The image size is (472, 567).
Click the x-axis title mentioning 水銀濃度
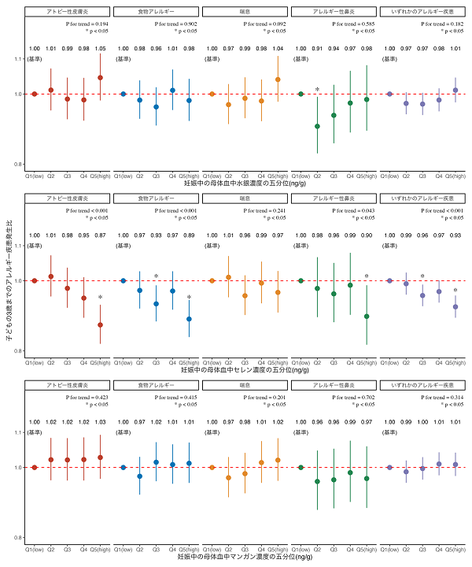coord(245,183)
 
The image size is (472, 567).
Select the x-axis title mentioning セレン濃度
coord(245,369)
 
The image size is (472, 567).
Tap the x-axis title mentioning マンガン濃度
coord(245,556)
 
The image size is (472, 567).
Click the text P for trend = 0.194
coord(87,25)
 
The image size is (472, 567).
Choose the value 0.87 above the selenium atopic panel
coord(100,235)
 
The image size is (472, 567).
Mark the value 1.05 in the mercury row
coord(100,49)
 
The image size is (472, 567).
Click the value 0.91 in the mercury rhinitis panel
coord(318,49)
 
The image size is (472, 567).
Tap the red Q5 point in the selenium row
coord(100,324)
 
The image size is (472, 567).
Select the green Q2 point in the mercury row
coord(318,126)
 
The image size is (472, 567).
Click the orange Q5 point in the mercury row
coord(278,80)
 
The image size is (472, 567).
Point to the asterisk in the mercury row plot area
coord(318,90)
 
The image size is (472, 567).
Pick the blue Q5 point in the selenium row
coord(189,319)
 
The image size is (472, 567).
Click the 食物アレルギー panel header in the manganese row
coord(156,385)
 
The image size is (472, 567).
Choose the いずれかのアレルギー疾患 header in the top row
coord(422,12)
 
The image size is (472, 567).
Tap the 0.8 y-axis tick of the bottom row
coord(19,537)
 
